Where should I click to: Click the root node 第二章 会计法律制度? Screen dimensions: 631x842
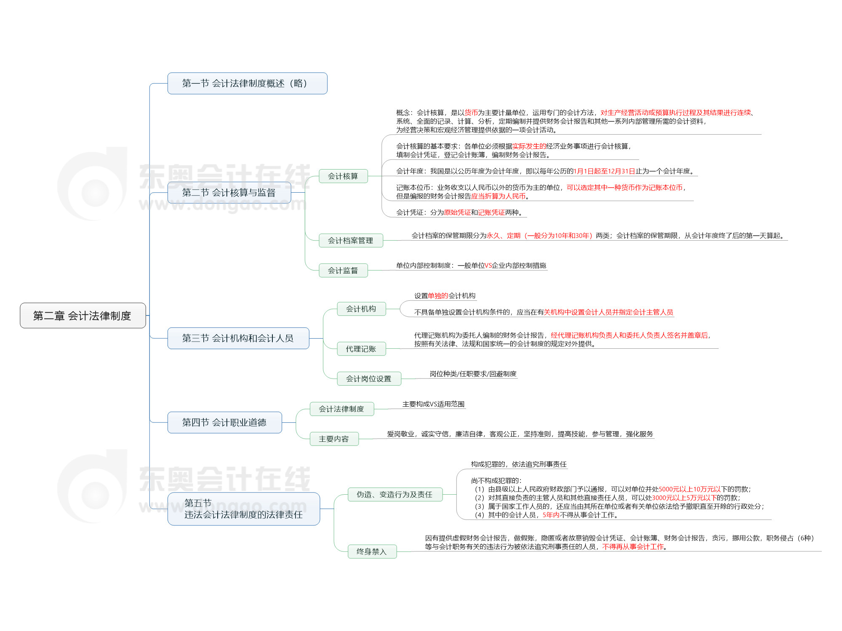click(83, 315)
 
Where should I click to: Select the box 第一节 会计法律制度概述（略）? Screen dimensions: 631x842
click(247, 83)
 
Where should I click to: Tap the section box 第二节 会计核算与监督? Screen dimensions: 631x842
click(229, 193)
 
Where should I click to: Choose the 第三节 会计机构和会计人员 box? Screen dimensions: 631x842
click(238, 338)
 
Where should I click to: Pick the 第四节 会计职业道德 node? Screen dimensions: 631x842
click(224, 422)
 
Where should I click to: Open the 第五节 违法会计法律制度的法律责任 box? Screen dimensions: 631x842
click(243, 509)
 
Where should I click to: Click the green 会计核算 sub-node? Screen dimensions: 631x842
click(343, 176)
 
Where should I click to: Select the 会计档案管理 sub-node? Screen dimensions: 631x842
click(350, 241)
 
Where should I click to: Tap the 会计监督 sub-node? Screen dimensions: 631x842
click(343, 270)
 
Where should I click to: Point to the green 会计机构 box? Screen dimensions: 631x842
click(361, 309)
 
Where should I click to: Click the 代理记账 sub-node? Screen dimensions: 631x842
click(361, 349)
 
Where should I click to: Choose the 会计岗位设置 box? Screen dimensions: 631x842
click(368, 379)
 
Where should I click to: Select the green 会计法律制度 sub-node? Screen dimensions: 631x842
click(341, 409)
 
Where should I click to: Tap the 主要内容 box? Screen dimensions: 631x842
click(334, 439)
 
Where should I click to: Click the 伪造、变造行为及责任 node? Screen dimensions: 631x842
click(394, 494)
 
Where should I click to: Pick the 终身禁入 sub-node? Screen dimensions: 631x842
click(371, 551)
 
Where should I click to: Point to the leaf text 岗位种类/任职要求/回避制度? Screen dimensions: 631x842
click(473, 374)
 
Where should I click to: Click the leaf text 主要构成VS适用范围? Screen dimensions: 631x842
click(433, 404)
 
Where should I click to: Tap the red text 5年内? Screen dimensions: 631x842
click(551, 515)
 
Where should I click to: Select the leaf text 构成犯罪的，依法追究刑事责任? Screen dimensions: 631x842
click(519, 464)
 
